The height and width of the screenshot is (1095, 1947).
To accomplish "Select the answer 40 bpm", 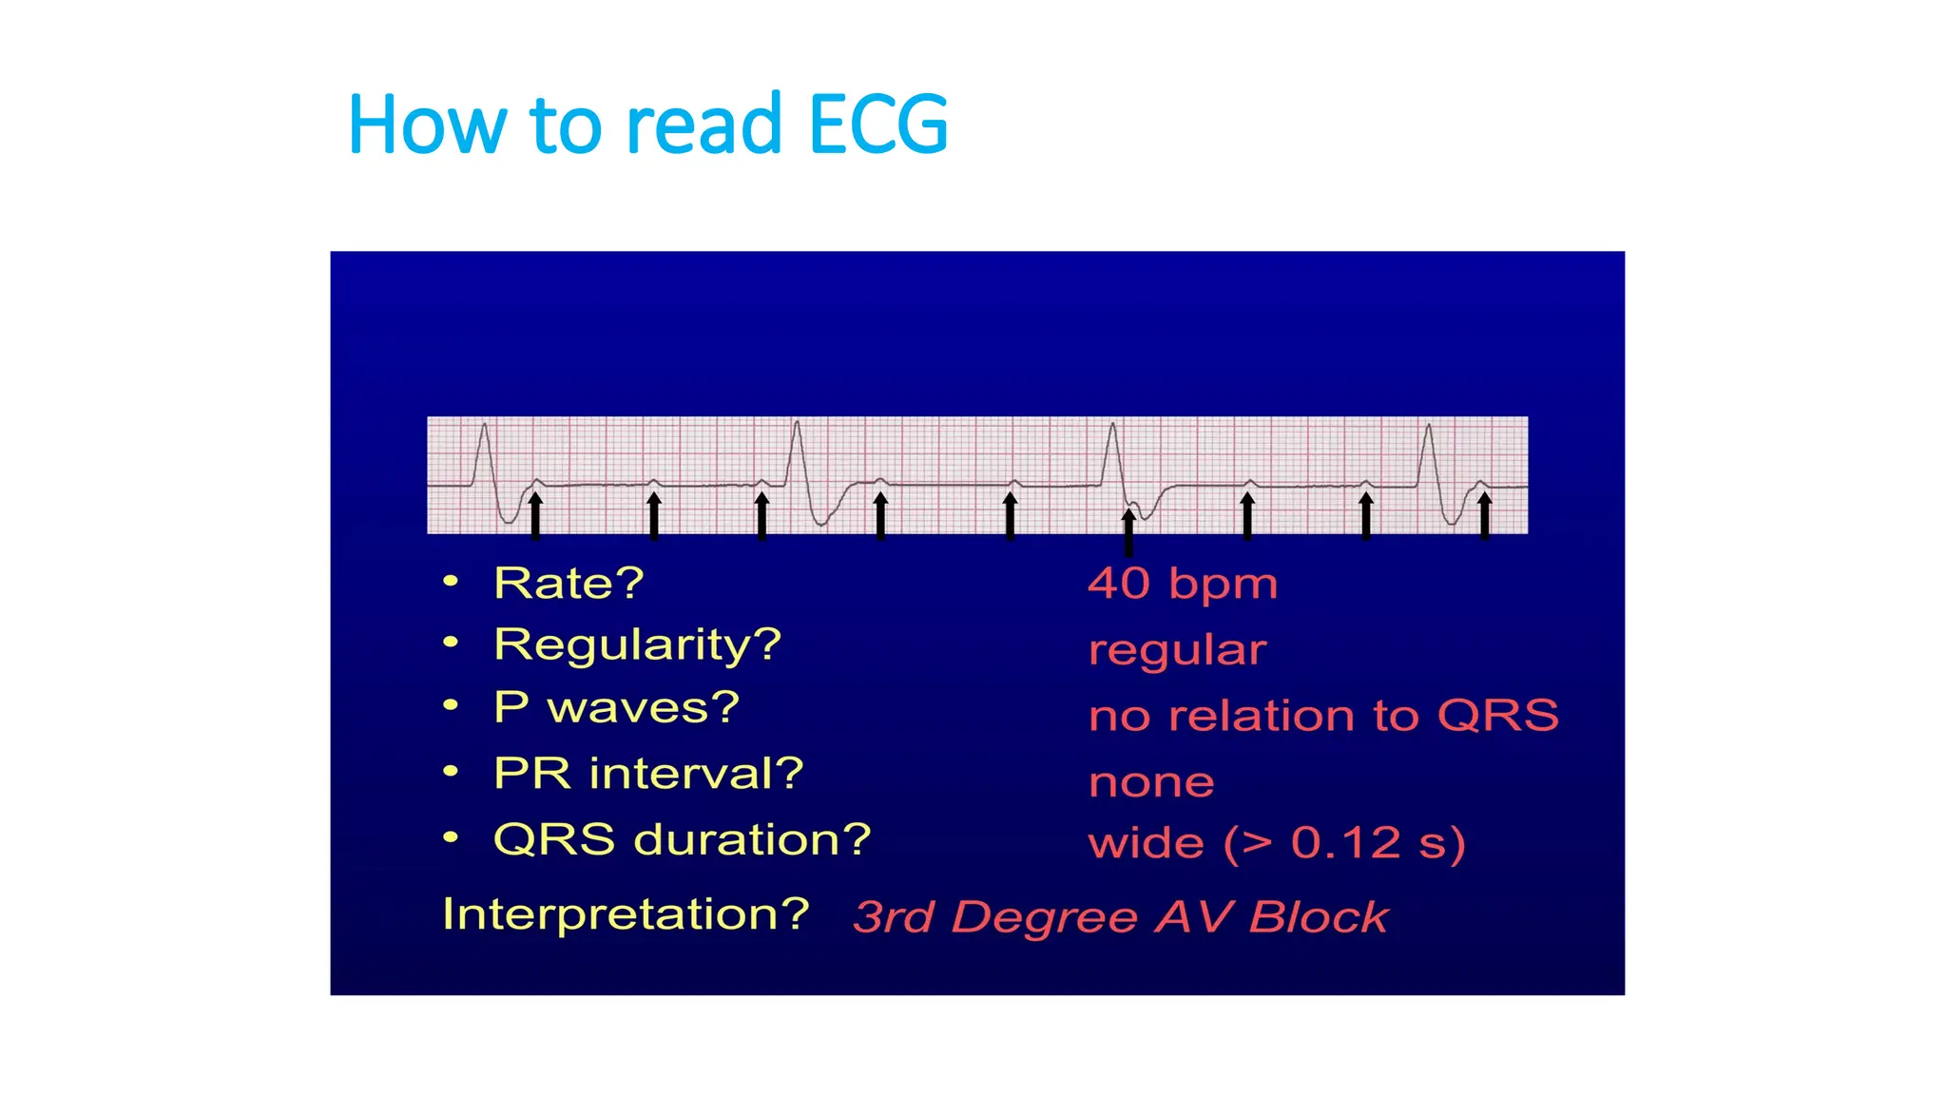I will click(1182, 584).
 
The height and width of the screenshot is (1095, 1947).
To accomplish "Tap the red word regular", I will click(1177, 650).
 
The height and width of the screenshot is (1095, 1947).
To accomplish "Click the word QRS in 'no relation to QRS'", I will click(1497, 715).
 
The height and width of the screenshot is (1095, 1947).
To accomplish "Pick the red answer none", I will click(1151, 782).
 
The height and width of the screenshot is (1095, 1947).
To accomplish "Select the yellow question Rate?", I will click(569, 583).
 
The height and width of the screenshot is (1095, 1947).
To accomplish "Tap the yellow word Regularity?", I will click(637, 644).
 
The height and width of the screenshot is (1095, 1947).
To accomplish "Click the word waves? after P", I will click(644, 707).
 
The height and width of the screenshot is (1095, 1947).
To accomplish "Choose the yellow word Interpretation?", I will click(626, 914).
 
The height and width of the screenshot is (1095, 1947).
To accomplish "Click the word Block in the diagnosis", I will click(1319, 917).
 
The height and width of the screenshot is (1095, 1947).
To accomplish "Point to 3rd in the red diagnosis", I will click(893, 917).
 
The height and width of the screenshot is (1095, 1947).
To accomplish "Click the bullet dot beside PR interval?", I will click(451, 772).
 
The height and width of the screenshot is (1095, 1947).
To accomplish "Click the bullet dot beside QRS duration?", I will click(451, 837).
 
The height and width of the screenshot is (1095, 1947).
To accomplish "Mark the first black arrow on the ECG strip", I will click(535, 515).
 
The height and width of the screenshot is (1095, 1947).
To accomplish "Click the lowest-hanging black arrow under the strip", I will click(1128, 532).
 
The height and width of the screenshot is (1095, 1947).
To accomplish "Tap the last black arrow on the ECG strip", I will click(1485, 515).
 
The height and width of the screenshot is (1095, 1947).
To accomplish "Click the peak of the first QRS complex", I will click(485, 426).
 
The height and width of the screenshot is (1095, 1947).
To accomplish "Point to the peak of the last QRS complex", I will click(1428, 426).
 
